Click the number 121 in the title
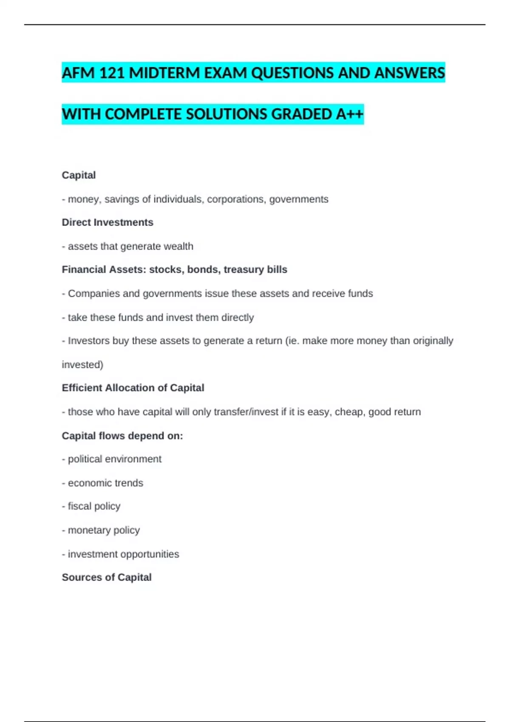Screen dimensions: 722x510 [112, 73]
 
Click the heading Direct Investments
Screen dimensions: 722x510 [108, 223]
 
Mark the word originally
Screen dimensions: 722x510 [433, 341]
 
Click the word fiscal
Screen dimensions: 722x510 [79, 506]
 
